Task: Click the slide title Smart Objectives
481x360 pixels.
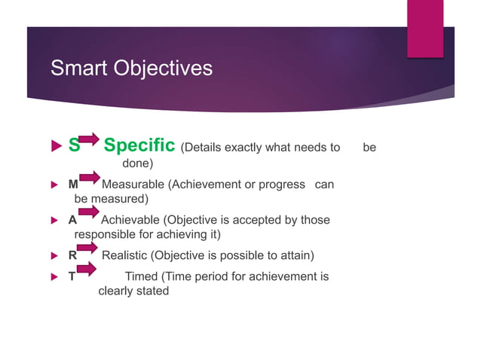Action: pos(130,69)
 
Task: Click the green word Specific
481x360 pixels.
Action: pos(139,145)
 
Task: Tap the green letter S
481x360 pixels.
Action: pos(74,145)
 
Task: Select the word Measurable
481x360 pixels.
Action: pos(132,185)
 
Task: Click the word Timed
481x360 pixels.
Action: pos(141,276)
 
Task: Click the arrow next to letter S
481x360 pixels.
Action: pos(89,139)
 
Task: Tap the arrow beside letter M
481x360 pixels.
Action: pos(89,178)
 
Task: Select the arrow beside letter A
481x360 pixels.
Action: pos(88,213)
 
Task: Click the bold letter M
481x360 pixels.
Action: pos(73,185)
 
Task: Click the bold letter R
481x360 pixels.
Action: pos(72,255)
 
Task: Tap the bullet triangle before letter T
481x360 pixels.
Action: pos(54,276)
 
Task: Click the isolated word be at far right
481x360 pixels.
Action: pos(369,148)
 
